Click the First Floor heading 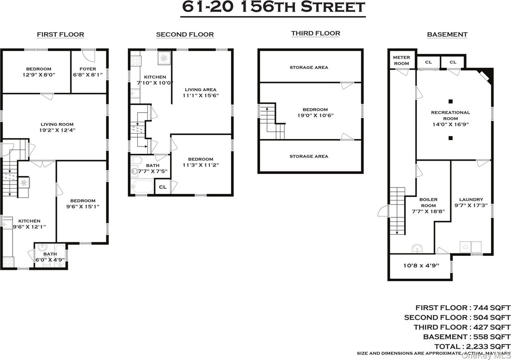tap(60, 34)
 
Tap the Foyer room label tap(88, 69)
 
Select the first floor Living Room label tap(57, 124)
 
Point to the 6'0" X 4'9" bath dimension tap(50, 260)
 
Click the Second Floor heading tap(185, 34)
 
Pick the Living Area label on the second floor tap(201, 90)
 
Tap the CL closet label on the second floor tap(163, 187)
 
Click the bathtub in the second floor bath tap(142, 187)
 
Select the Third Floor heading tap(315, 33)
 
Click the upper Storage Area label tap(309, 68)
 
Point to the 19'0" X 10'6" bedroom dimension tap(315, 115)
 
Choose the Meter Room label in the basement tap(402, 60)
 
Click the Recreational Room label tap(451, 116)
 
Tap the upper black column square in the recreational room tap(451, 101)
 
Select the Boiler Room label tap(428, 202)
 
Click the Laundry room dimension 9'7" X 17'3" tap(471, 205)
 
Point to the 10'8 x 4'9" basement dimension tap(421, 265)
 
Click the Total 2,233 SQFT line tap(472, 347)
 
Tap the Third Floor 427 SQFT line tap(462, 327)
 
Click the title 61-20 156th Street tap(273, 7)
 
